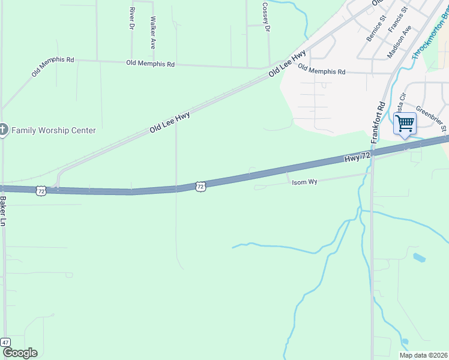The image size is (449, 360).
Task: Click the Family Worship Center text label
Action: click(53, 130)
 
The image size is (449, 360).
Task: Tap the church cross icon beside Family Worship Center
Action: click(3, 130)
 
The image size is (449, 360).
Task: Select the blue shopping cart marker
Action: click(405, 124)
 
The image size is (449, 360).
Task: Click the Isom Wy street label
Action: click(304, 181)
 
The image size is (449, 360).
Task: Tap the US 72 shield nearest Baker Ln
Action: click(41, 190)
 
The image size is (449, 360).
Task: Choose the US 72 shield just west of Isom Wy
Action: click(200, 187)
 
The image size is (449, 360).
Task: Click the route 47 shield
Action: click(5, 341)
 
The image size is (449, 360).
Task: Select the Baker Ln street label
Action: click(4, 211)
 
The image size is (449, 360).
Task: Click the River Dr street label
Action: click(131, 18)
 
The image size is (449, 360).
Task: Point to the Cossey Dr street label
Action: click(265, 13)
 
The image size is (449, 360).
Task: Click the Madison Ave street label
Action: click(399, 41)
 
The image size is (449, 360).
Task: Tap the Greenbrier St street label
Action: click(432, 119)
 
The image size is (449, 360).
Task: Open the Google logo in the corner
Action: click(20, 353)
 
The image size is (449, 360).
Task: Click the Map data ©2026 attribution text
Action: click(423, 355)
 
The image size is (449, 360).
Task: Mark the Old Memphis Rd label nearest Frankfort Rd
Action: click(322, 71)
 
